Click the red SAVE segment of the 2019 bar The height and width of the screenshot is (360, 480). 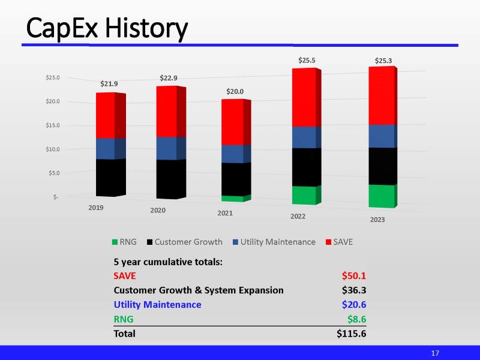pos(106,116)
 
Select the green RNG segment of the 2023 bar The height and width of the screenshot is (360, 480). pos(382,196)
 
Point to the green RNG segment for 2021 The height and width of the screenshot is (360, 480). pos(232,199)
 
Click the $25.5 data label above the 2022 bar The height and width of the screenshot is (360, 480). pos(307,61)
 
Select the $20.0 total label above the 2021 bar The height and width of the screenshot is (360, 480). pos(235,91)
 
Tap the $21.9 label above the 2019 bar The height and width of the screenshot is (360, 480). pos(109,84)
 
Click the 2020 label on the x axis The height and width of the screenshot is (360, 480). pos(158,211)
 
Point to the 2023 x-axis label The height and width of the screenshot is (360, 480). pos(377,220)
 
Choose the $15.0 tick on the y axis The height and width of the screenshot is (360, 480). pos(52,125)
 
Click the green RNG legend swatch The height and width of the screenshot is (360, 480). pos(114,242)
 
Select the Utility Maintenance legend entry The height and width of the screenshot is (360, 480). pos(277,242)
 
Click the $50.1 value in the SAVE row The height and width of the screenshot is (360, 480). pos(353,276)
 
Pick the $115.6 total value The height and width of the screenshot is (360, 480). pos(351,334)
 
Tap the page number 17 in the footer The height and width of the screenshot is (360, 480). pos(436,353)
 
